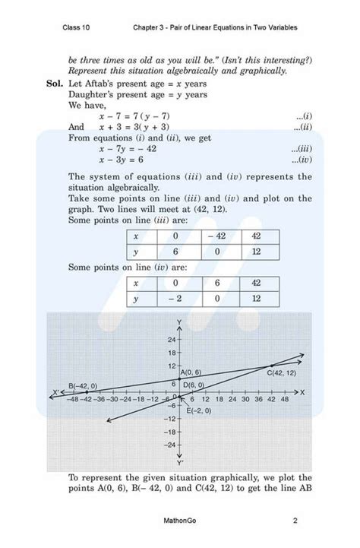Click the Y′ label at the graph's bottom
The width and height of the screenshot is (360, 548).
click(x=180, y=461)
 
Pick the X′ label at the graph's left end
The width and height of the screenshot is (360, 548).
click(x=55, y=392)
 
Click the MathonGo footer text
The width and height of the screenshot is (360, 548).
click(x=179, y=521)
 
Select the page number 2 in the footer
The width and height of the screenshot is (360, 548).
click(x=294, y=521)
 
